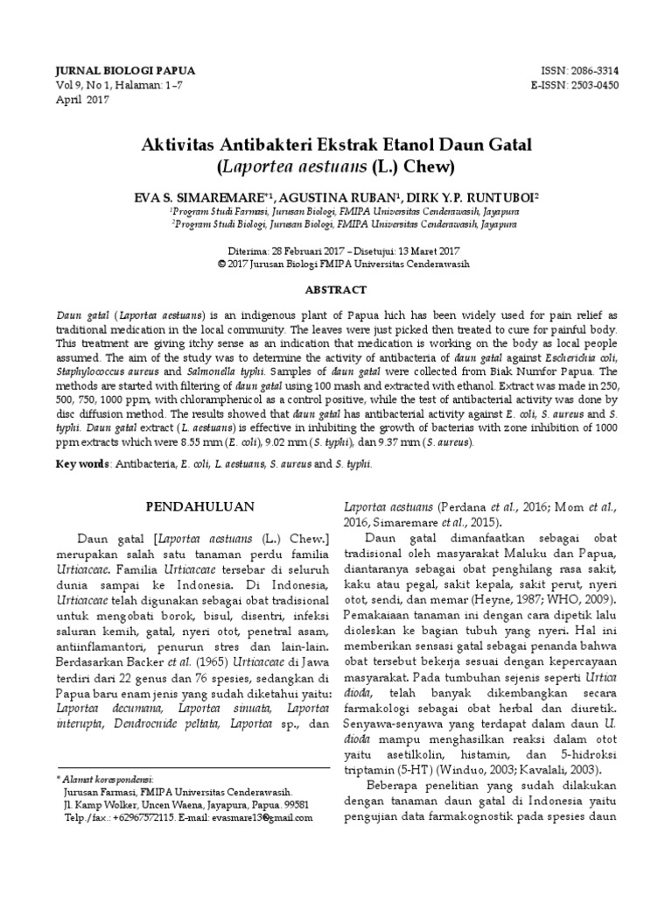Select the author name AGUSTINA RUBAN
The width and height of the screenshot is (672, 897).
pos(335,199)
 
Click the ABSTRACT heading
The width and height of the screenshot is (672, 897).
pos(335,289)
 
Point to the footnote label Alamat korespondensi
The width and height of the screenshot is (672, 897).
pos(107,778)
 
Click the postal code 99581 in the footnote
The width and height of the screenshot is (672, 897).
pos(295,804)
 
